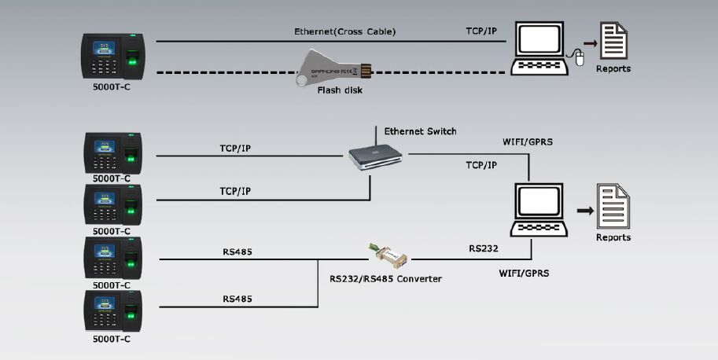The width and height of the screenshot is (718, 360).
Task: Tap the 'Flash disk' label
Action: pos(340,90)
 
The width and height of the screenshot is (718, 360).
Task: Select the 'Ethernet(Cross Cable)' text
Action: pos(344,31)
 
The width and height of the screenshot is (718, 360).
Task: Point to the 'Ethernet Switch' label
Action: pos(420,131)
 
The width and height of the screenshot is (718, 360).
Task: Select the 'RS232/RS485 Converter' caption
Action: pos(385,278)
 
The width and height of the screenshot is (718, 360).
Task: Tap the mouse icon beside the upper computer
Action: pos(580,57)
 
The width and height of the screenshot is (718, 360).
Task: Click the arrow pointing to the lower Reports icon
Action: pos(584,211)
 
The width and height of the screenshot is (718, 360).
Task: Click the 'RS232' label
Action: pos(484,248)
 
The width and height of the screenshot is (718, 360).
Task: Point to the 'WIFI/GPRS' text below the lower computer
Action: pos(524,274)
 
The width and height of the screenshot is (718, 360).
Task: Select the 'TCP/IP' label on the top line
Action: pos(481,31)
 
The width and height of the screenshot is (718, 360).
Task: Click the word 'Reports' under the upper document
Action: pos(613,69)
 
